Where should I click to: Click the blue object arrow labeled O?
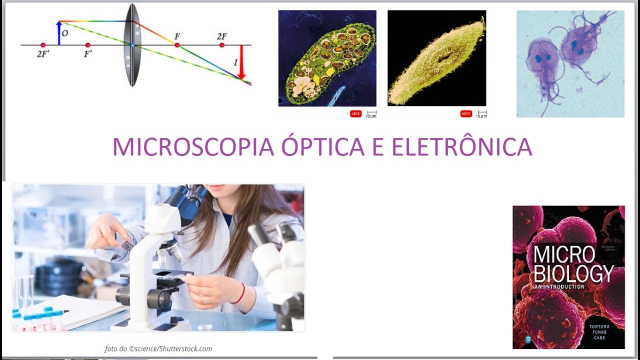point(59,33)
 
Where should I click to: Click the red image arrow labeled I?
point(241,62)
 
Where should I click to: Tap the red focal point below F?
point(177,45)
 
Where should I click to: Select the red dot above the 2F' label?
point(43,45)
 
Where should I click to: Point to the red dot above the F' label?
point(88,45)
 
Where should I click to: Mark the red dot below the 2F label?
point(222,45)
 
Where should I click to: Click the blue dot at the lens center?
point(132,45)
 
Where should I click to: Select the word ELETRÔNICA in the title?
point(461,147)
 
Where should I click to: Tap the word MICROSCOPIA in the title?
point(192,147)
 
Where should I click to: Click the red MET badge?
point(355,114)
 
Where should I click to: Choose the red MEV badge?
point(466,114)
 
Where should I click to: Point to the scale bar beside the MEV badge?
point(481,113)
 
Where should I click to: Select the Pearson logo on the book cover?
point(528,339)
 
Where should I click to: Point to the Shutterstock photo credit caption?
point(158,349)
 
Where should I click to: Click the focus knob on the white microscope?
point(160,299)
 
